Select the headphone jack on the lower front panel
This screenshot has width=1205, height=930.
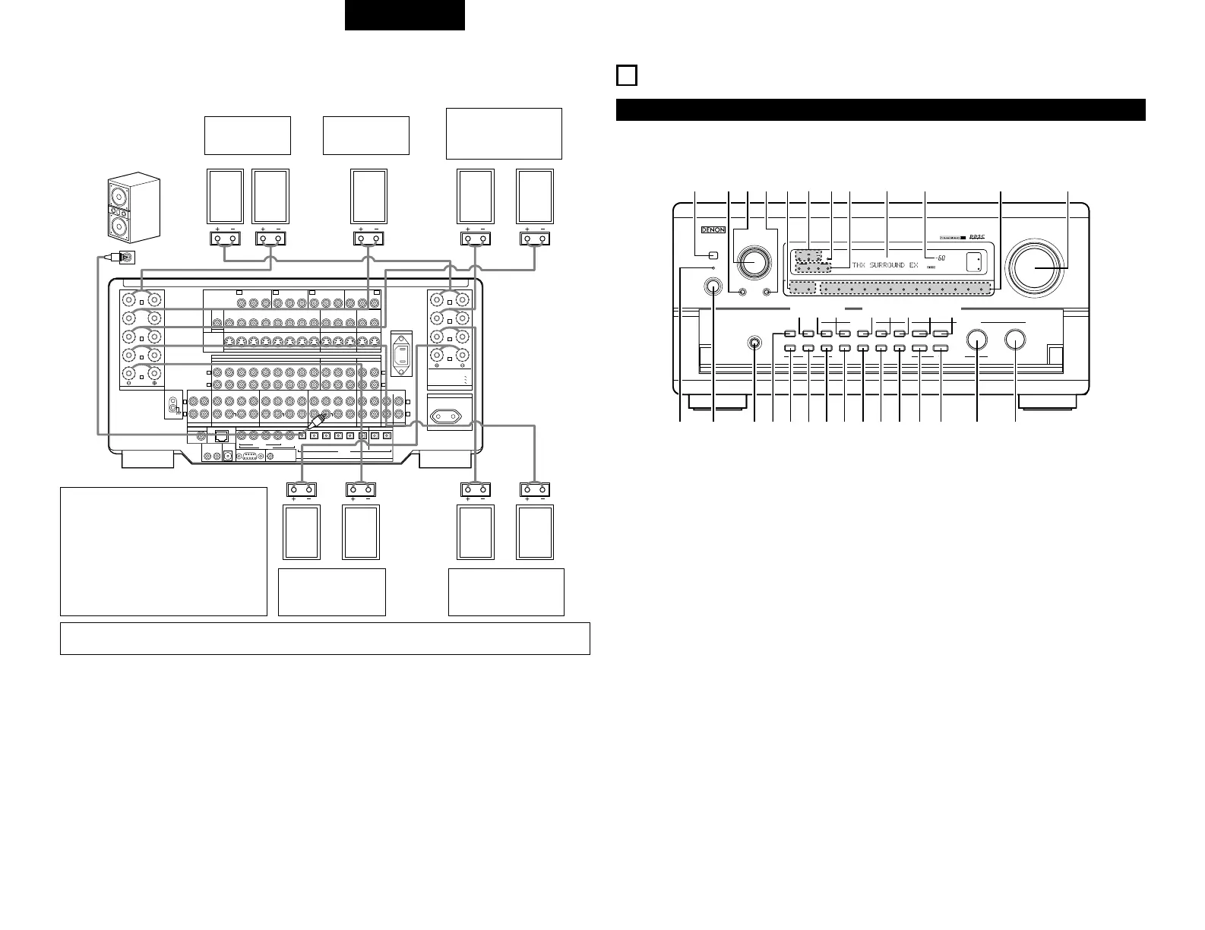[x=754, y=342]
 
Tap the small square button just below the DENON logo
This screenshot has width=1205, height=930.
[x=713, y=255]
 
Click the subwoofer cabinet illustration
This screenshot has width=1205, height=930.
[x=134, y=207]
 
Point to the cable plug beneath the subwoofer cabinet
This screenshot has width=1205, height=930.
[x=122, y=258]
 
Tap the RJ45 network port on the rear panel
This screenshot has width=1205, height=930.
[x=223, y=436]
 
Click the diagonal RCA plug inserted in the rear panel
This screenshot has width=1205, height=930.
[x=318, y=417]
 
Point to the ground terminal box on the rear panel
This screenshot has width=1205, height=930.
[x=175, y=406]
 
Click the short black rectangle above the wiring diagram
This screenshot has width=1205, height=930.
[x=404, y=15]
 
